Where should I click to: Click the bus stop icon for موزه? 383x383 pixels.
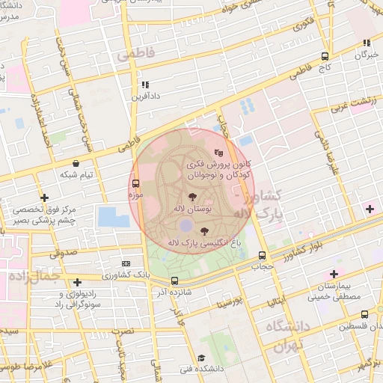(x=135, y=183)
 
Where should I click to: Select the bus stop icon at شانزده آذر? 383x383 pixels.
(x=174, y=281)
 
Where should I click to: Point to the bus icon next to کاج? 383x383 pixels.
(x=324, y=56)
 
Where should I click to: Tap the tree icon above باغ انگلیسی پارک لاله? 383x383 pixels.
(x=206, y=231)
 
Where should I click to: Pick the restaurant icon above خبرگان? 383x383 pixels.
(x=366, y=43)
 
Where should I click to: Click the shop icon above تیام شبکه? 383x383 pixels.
(x=76, y=163)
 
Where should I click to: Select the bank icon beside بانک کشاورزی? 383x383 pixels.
(x=126, y=263)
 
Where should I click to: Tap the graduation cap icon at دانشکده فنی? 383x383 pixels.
(x=200, y=358)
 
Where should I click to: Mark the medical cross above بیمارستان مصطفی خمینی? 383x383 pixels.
(x=334, y=274)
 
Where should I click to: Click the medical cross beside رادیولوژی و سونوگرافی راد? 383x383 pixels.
(x=76, y=283)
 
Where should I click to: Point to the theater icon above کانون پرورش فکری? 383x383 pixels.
(x=218, y=153)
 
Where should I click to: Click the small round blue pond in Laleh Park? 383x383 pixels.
(x=185, y=224)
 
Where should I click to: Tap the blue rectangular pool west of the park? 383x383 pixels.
(x=113, y=218)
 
